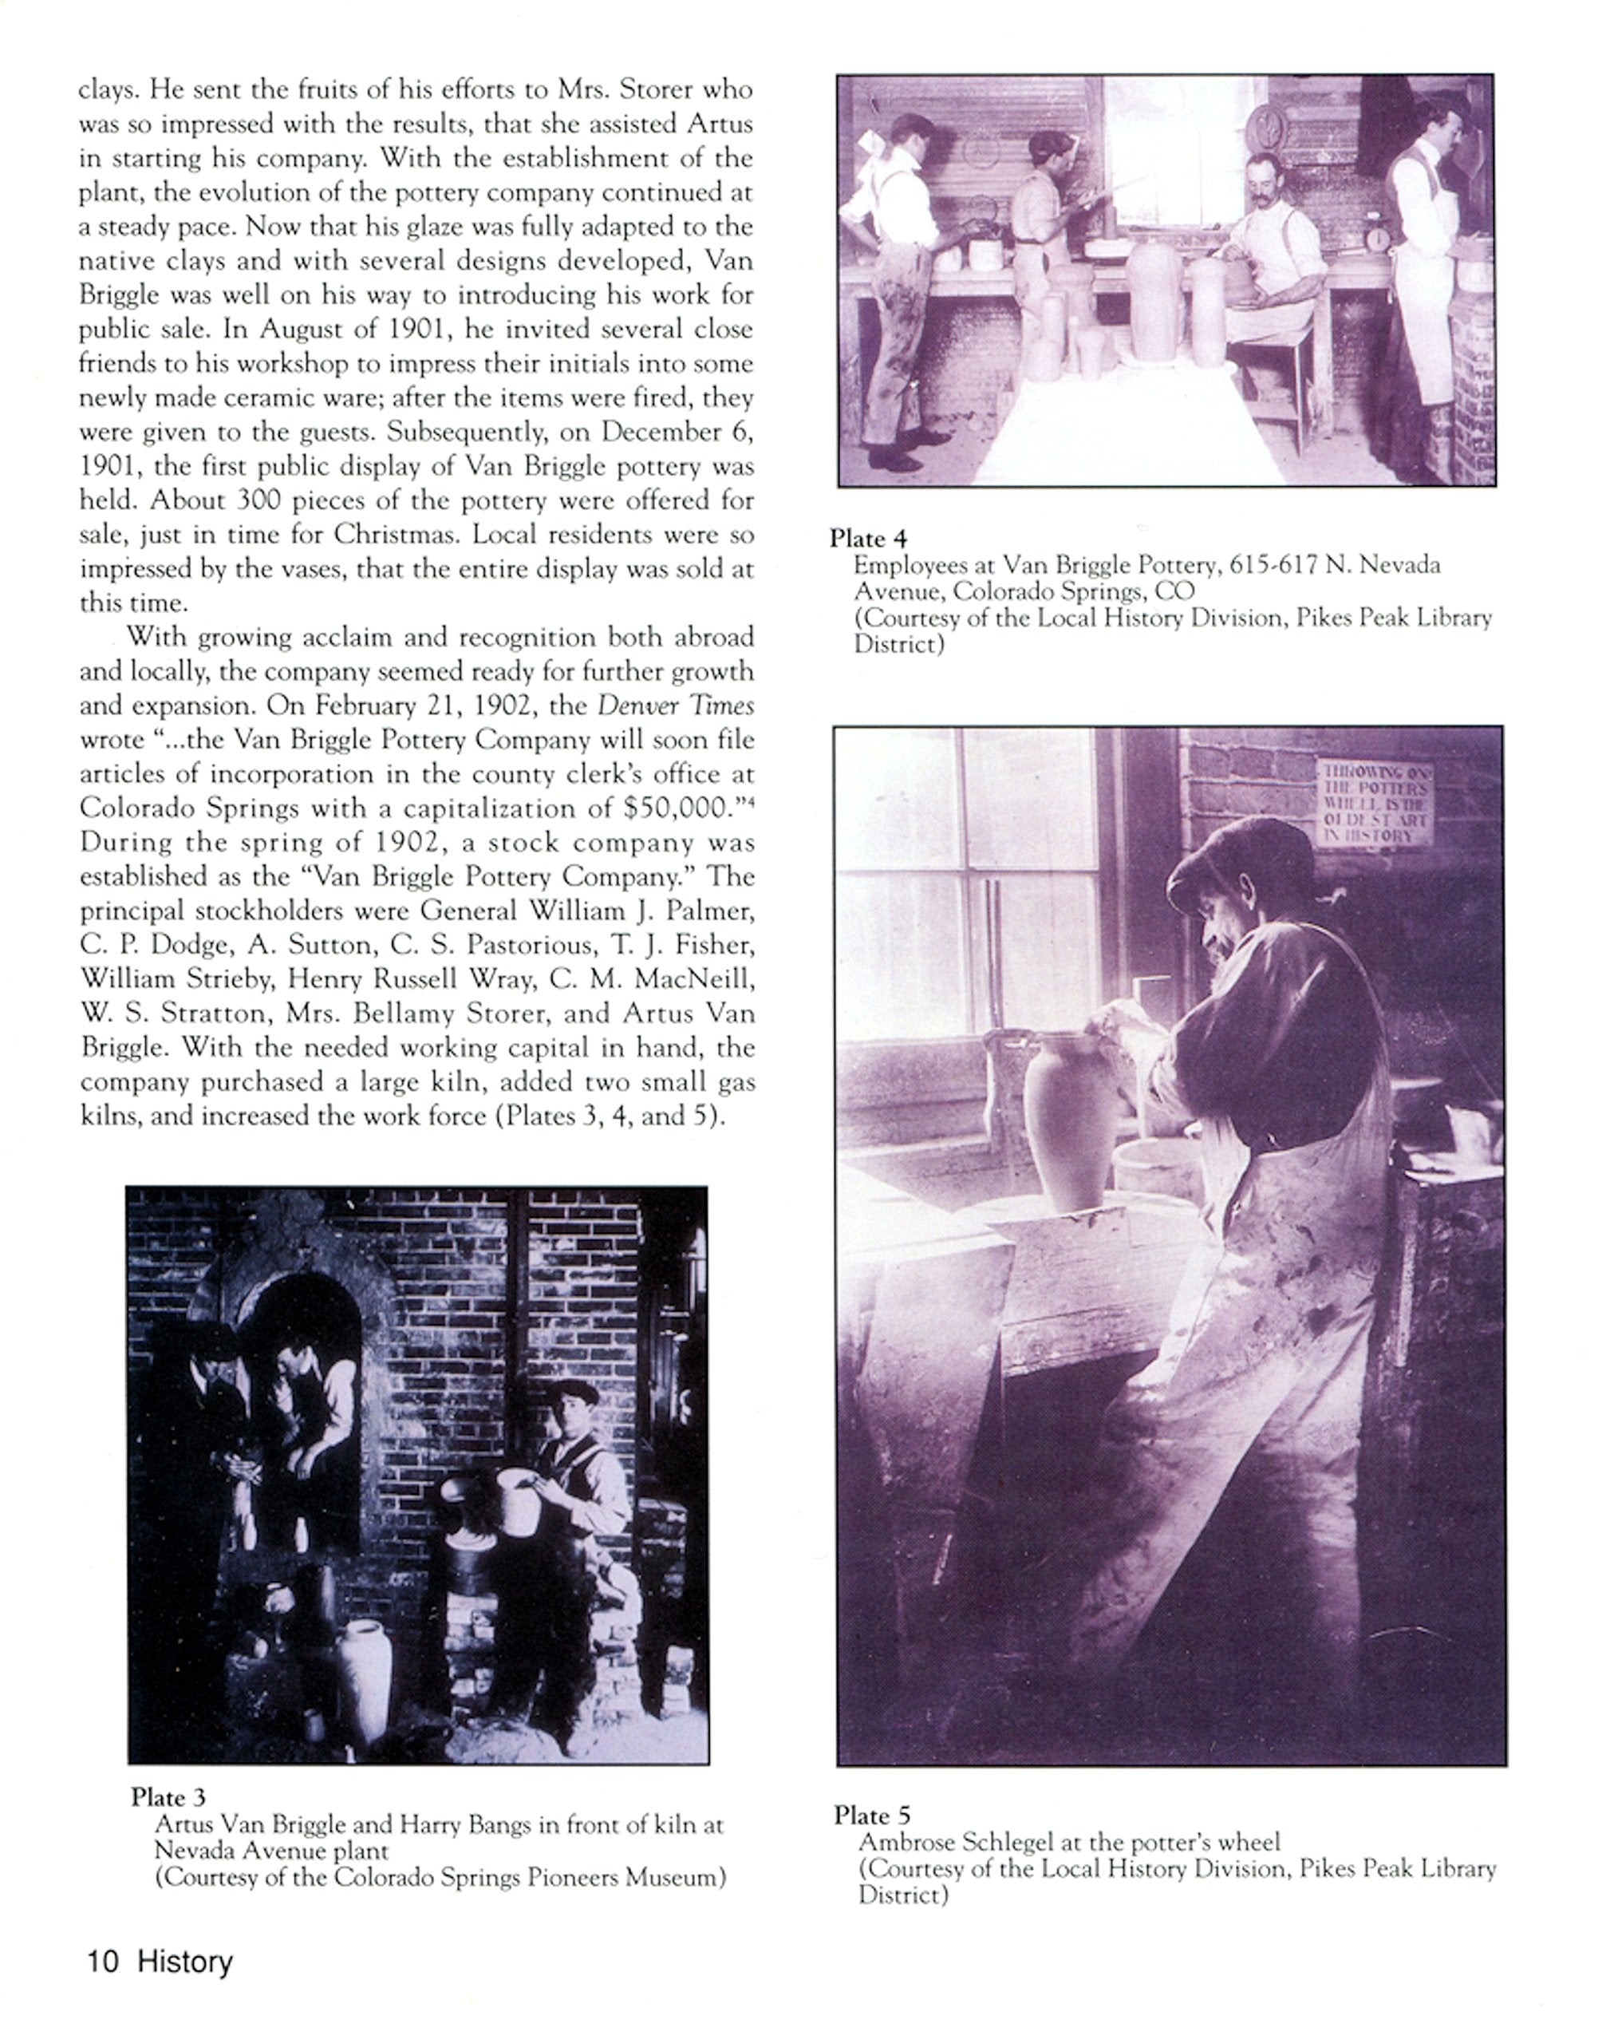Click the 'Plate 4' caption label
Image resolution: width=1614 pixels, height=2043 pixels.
867,539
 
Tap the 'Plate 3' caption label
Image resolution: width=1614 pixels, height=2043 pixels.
168,1796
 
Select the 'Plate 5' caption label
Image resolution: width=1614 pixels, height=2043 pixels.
871,1816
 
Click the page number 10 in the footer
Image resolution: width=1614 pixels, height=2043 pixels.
102,1962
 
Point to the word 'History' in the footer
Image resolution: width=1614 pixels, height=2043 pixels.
185,1962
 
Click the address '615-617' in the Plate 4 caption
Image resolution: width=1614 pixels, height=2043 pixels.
1273,565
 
